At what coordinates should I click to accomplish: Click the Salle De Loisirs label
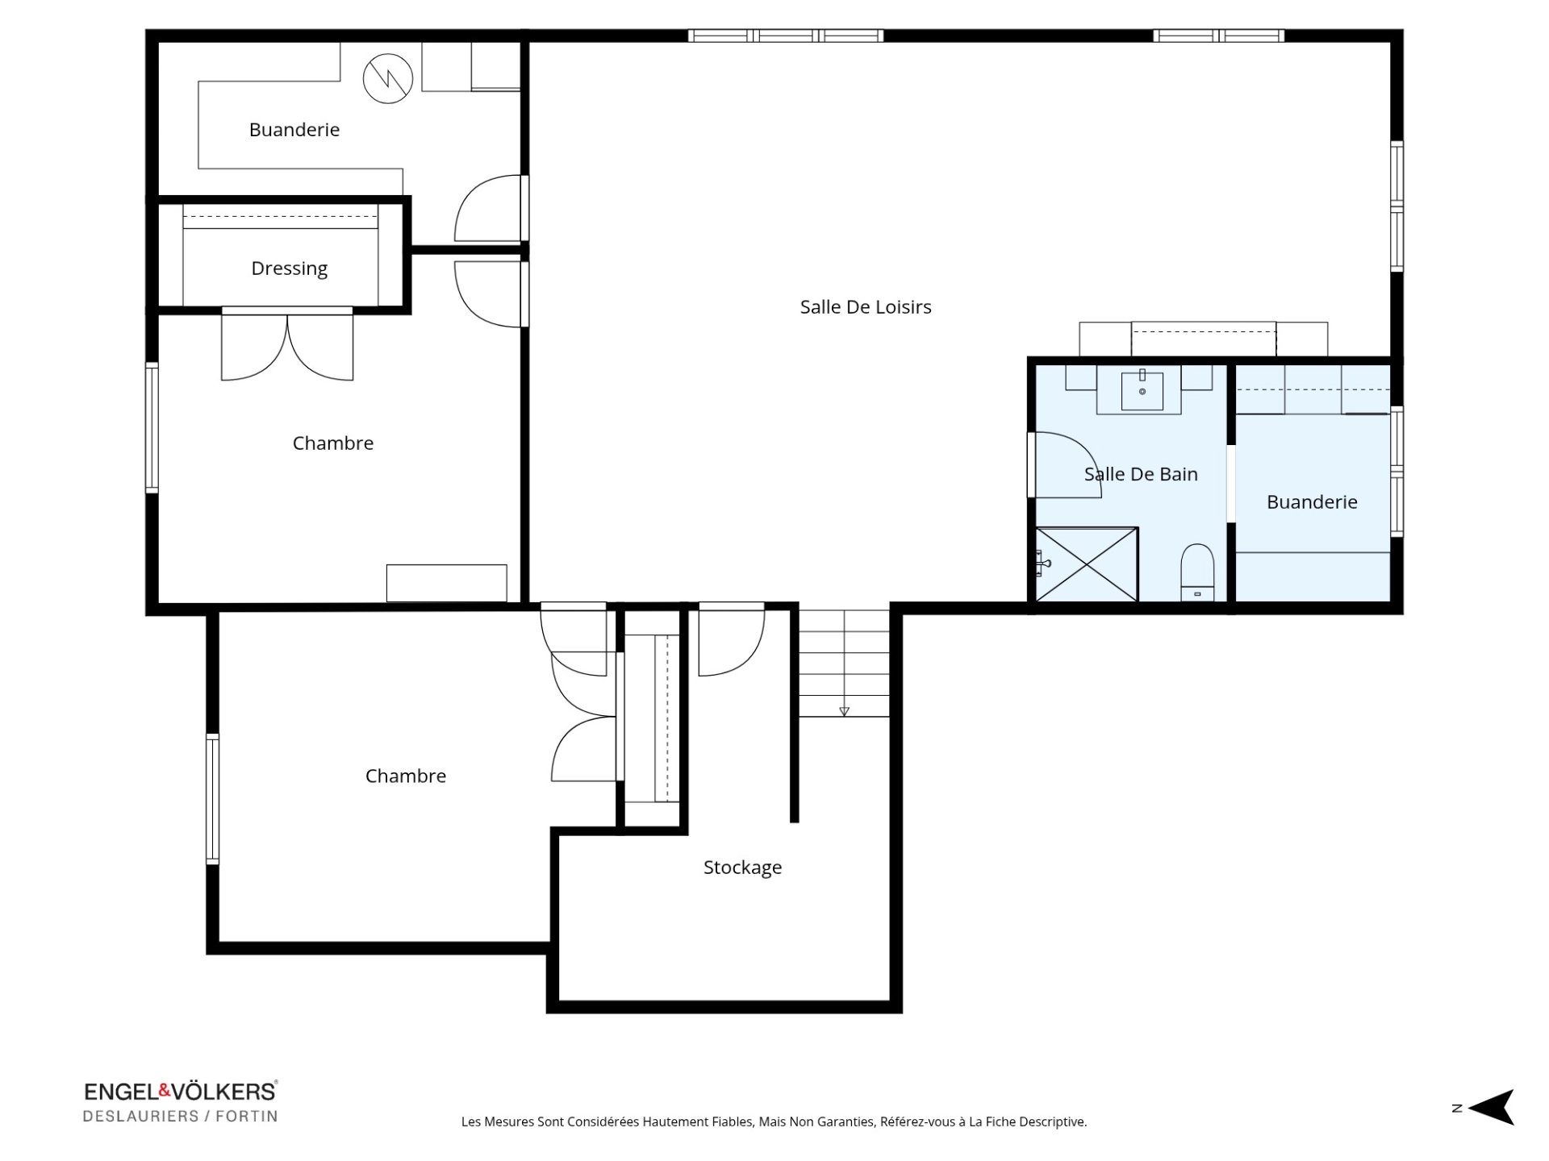[x=865, y=307]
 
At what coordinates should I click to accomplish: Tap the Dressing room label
[x=289, y=268]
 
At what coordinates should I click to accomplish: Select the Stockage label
[x=742, y=868]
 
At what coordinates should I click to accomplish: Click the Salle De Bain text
[x=1140, y=474]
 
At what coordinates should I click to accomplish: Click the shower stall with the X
[x=1087, y=564]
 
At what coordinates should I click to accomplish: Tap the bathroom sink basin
[x=1142, y=390]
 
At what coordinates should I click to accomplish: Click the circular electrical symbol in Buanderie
[x=388, y=78]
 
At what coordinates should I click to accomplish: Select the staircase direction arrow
[x=844, y=711]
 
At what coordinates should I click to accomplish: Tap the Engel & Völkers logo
[x=181, y=1092]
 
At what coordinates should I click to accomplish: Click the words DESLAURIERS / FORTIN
[x=181, y=1117]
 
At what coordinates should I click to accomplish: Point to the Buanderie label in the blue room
[x=1311, y=502]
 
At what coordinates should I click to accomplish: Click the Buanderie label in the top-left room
[x=294, y=130]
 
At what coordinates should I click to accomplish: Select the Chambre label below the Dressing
[x=332, y=443]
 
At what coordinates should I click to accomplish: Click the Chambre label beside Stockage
[x=405, y=776]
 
